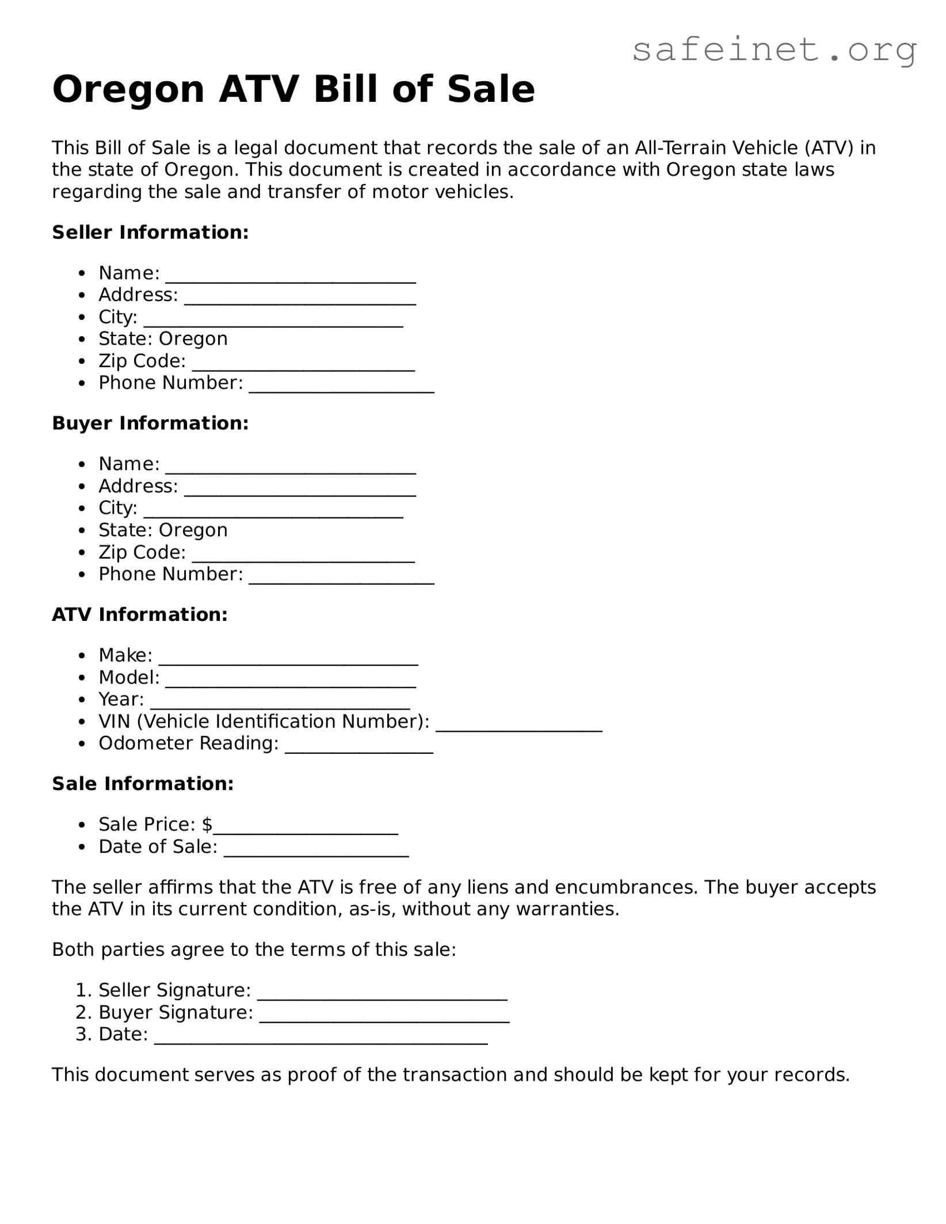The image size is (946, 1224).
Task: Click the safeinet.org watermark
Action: [x=774, y=50]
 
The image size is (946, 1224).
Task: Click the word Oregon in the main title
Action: [x=128, y=89]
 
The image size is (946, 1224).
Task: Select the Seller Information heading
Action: [x=150, y=232]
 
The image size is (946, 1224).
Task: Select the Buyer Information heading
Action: [x=150, y=424]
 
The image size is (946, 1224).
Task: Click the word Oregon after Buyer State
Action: [x=193, y=530]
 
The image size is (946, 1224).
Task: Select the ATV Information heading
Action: [x=140, y=615]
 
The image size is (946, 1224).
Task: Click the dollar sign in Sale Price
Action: [x=207, y=825]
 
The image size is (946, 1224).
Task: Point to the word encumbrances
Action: [x=625, y=887]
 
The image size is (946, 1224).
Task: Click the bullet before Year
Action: [x=83, y=700]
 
